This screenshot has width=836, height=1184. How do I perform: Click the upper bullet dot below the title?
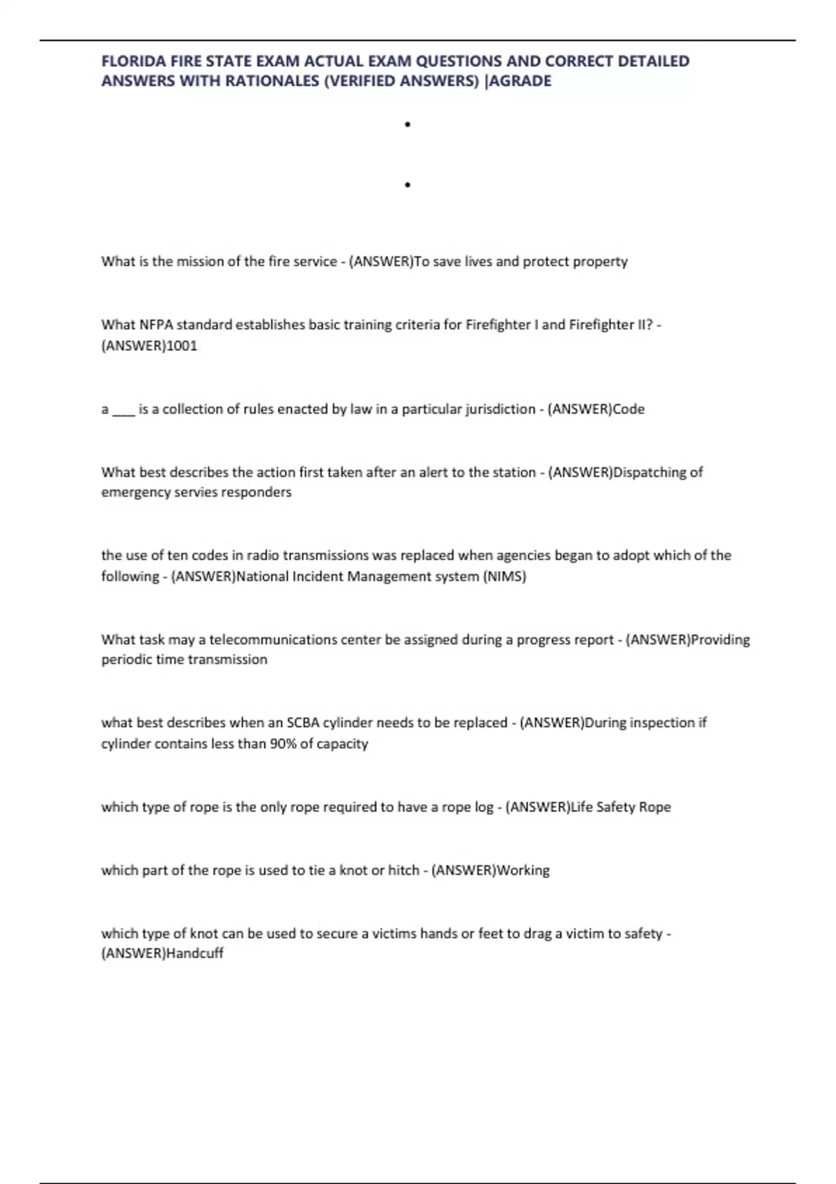pyautogui.click(x=408, y=125)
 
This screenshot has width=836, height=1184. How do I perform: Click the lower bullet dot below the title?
pyautogui.click(x=408, y=185)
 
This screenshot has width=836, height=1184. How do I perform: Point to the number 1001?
pyautogui.click(x=182, y=345)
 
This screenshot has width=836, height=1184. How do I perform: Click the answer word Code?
pyautogui.click(x=628, y=409)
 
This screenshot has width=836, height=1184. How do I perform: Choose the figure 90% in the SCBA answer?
pyautogui.click(x=283, y=743)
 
